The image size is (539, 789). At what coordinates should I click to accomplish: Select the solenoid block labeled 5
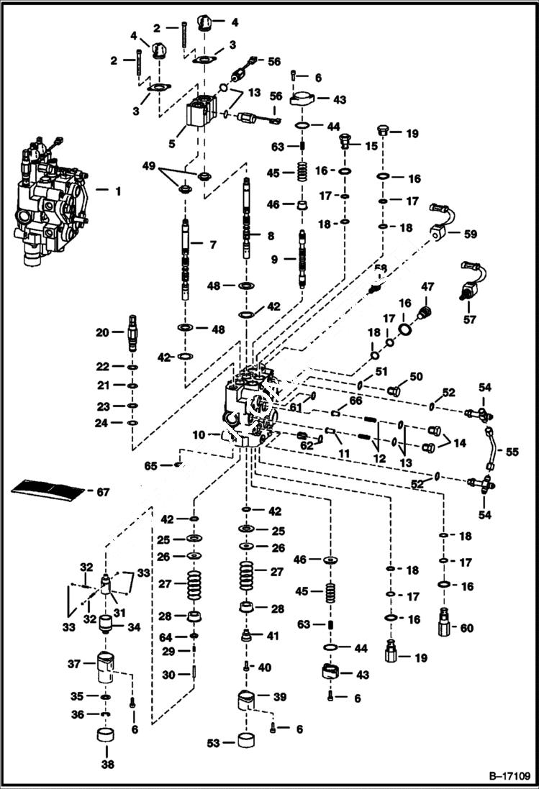[x=202, y=115]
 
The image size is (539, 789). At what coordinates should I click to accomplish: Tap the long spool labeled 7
[x=186, y=263]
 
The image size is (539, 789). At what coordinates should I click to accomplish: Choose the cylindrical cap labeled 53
[x=248, y=741]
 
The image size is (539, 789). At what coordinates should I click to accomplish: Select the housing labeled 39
[x=247, y=698]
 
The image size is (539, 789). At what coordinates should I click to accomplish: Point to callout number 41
[x=273, y=636]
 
